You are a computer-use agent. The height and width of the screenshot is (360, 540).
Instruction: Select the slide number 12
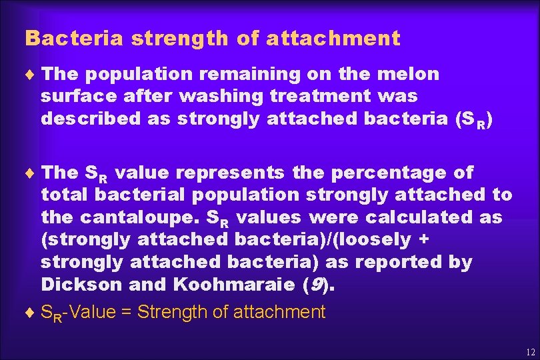point(531,351)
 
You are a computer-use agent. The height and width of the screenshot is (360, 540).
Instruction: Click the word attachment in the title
point(333,39)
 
